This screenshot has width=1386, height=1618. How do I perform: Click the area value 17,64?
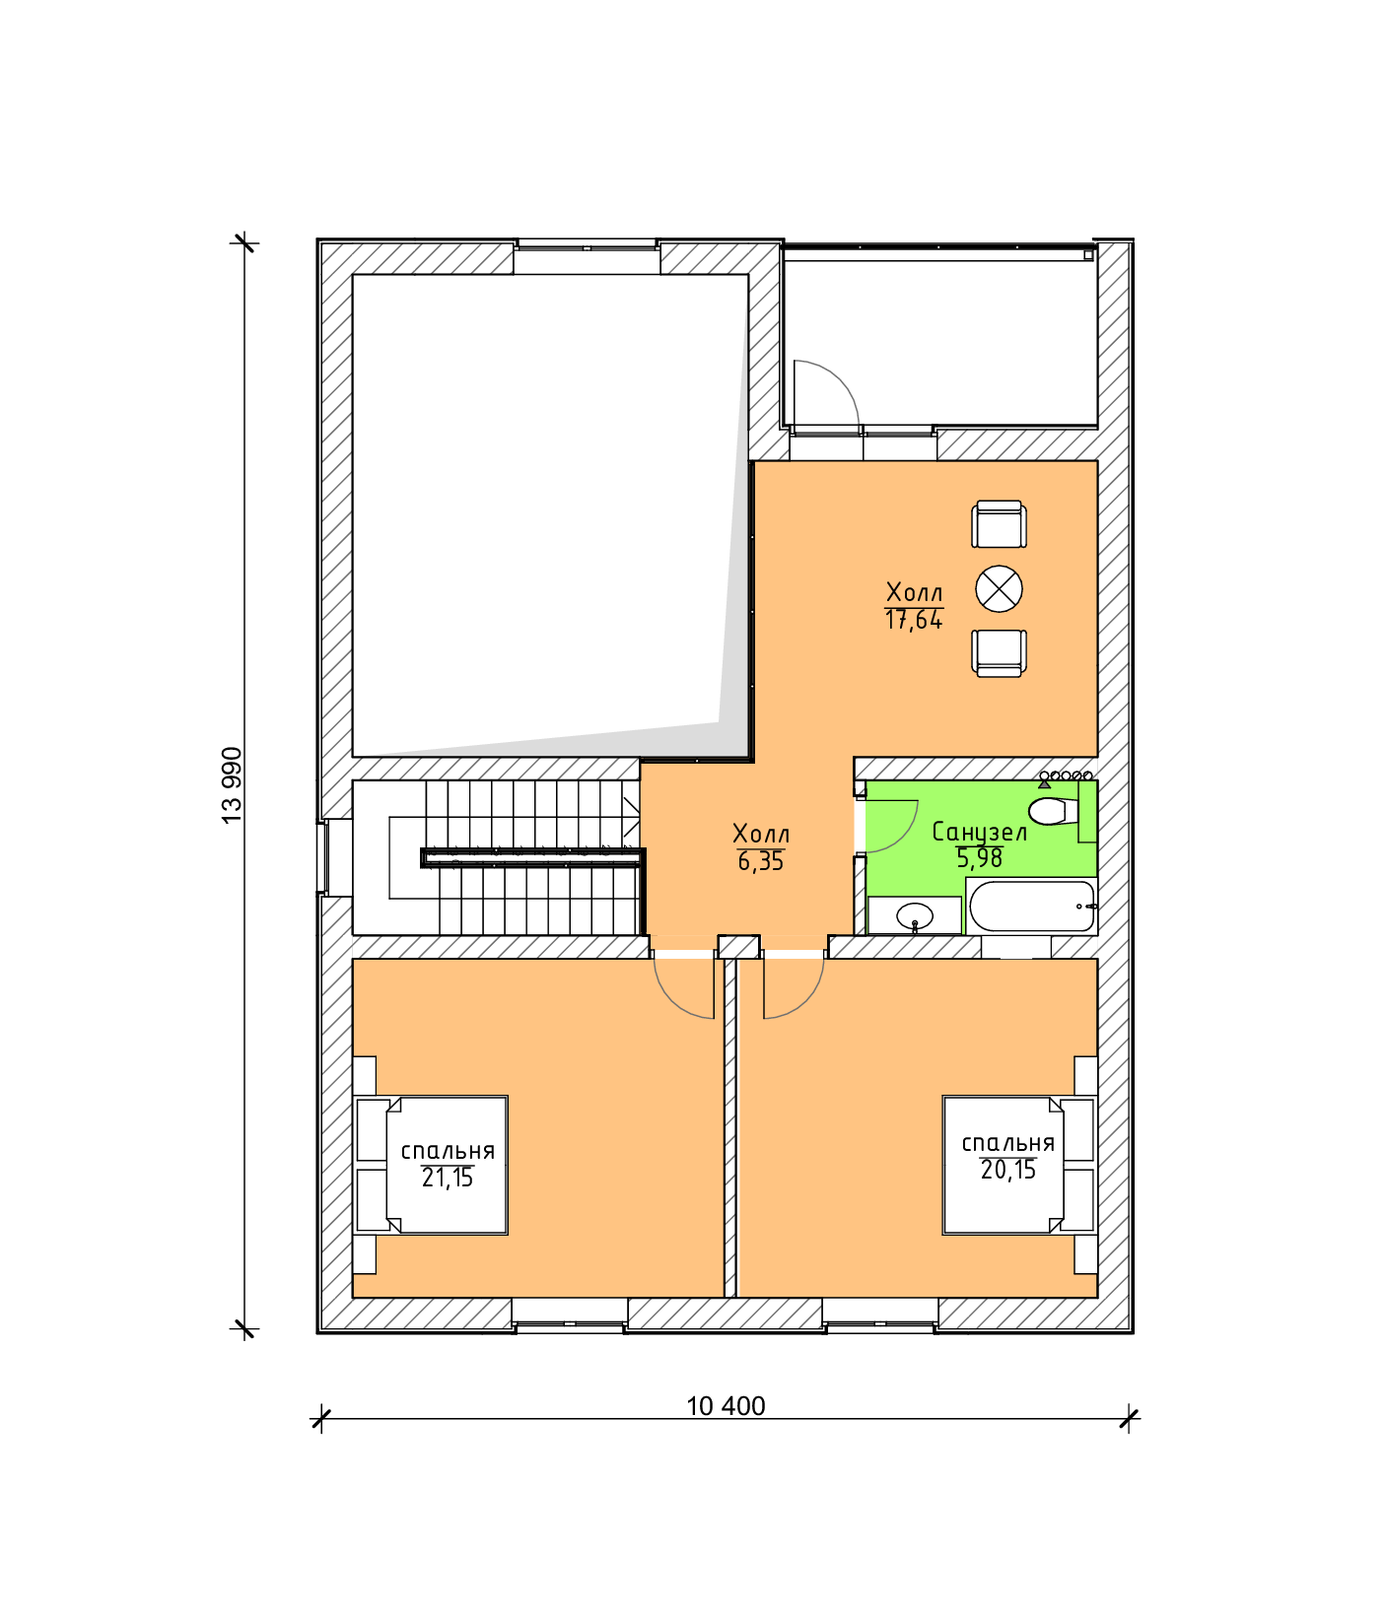914,620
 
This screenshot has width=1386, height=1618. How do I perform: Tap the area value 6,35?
761,862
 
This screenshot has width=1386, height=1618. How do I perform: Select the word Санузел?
980,833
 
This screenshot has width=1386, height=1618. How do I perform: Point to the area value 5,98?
980,858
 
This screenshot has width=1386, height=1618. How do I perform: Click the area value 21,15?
448,1178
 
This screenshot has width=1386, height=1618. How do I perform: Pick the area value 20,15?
1008,1170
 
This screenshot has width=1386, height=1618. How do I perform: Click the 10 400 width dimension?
726,1406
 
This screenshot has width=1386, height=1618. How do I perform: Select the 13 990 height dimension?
232,785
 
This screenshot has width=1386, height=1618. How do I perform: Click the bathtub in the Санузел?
1032,907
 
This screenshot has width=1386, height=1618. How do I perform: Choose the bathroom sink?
915,915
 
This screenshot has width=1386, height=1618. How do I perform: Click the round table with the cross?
999,589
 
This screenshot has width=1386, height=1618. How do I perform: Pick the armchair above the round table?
999,523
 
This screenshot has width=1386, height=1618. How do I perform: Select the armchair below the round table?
999,653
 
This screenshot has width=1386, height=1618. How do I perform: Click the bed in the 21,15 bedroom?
431,1165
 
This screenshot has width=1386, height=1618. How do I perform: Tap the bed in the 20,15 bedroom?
1019,1165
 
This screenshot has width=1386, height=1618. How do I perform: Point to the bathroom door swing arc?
906,834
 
